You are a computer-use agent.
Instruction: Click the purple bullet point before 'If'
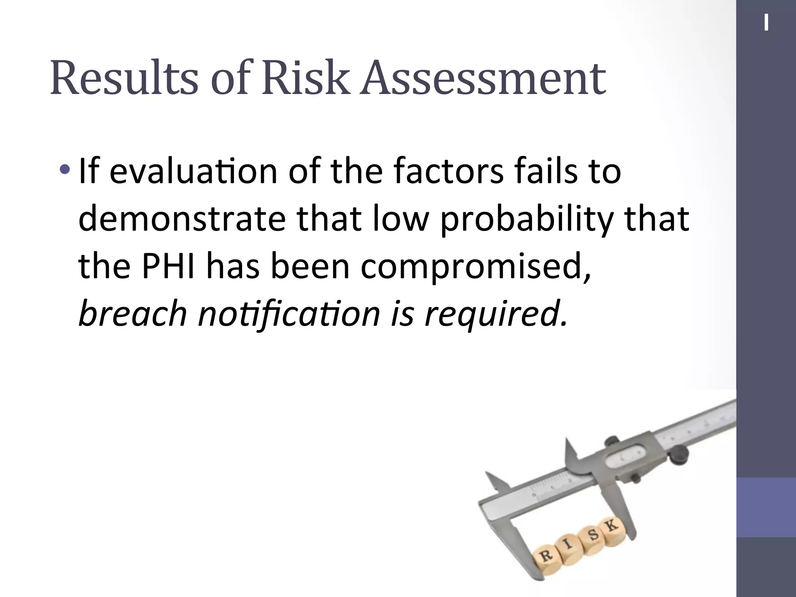[65, 169]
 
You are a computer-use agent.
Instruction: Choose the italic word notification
[289, 313]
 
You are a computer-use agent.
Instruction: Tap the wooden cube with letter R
[547, 557]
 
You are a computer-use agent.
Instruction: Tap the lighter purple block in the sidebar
[766, 507]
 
